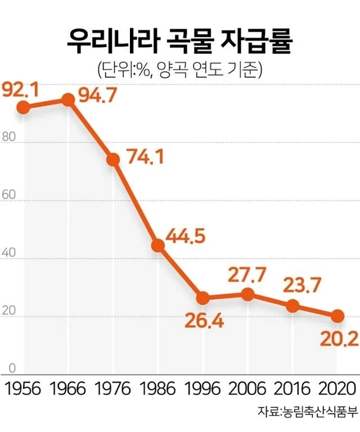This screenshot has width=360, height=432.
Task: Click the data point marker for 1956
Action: [23, 107]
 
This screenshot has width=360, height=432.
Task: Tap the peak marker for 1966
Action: [68, 100]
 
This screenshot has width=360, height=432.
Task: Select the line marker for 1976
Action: [113, 159]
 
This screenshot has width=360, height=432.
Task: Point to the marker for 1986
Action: [158, 246]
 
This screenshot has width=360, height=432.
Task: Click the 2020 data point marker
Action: [337, 316]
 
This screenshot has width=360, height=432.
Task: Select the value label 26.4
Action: [204, 322]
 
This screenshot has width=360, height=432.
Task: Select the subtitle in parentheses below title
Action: [180, 69]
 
